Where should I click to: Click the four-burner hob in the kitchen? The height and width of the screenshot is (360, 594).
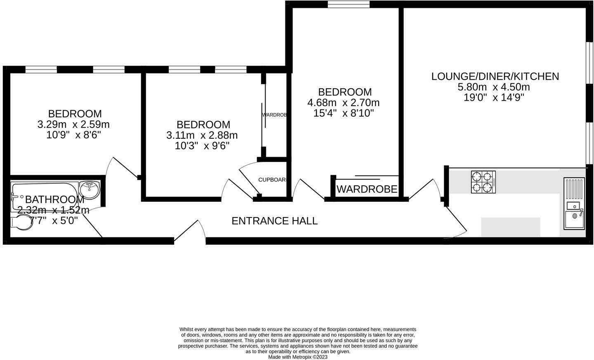[483, 182]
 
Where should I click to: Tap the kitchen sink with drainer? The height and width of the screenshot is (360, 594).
[574, 203]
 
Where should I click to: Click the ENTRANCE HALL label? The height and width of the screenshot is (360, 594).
[274, 221]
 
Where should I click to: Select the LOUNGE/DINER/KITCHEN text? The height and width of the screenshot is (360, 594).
[495, 76]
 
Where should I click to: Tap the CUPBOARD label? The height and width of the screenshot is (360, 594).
[272, 180]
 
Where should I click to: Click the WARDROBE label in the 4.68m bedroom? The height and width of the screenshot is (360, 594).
[367, 189]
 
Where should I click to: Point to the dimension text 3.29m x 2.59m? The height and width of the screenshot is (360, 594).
[73, 124]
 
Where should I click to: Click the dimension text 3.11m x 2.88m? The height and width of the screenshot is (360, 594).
[202, 135]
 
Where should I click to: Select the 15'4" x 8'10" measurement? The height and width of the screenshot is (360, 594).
[343, 113]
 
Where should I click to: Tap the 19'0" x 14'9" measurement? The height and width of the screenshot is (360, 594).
[494, 98]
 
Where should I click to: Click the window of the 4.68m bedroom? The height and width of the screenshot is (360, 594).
[349, 5]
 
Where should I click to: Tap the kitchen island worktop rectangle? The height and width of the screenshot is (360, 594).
[511, 227]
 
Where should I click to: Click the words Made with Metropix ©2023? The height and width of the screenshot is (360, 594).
[297, 357]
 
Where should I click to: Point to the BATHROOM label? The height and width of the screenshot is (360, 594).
[55, 200]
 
